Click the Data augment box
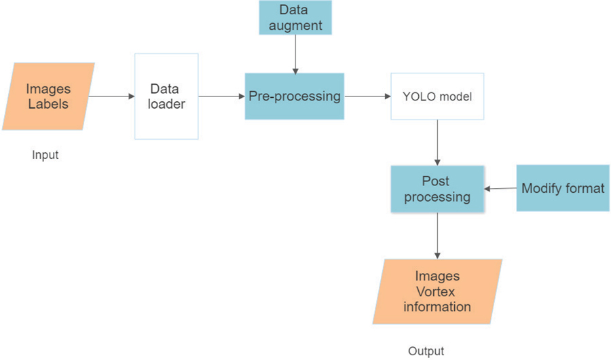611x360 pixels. coord(295,18)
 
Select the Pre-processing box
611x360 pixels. coord(295,96)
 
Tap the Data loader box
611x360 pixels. coord(166,96)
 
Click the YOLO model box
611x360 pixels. coord(437,96)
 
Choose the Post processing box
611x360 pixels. coord(437,190)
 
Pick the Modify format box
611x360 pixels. coord(562,188)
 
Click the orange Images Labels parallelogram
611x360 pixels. coord(48,96)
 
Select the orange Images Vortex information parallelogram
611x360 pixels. coord(437,291)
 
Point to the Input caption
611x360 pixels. coord(45,155)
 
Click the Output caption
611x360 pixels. coord(426,351)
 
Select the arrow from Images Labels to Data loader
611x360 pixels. coord(111,96)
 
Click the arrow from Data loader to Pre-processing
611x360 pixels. coord(221,96)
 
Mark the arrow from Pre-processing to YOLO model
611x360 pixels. coord(367,96)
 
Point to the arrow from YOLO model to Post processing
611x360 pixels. coord(437,143)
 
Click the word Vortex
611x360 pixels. coord(437,291)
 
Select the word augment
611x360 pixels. coord(295,26)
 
